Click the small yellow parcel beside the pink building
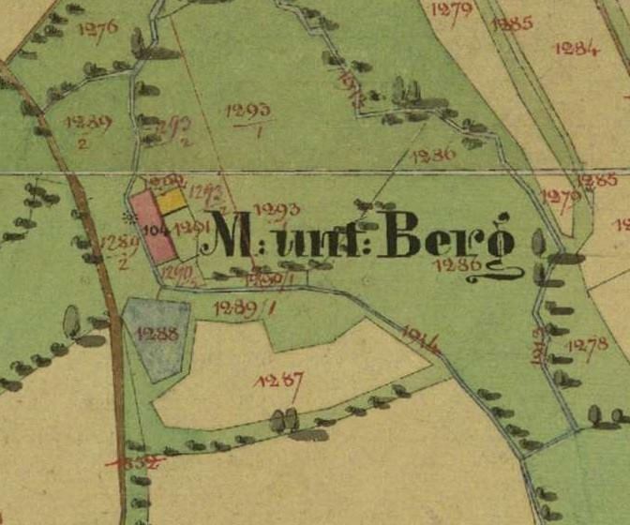click(x=171, y=201)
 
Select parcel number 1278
click(x=588, y=345)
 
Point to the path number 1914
click(x=420, y=336)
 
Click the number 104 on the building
click(x=155, y=227)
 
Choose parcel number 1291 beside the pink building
click(x=190, y=227)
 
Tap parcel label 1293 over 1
click(x=249, y=116)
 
